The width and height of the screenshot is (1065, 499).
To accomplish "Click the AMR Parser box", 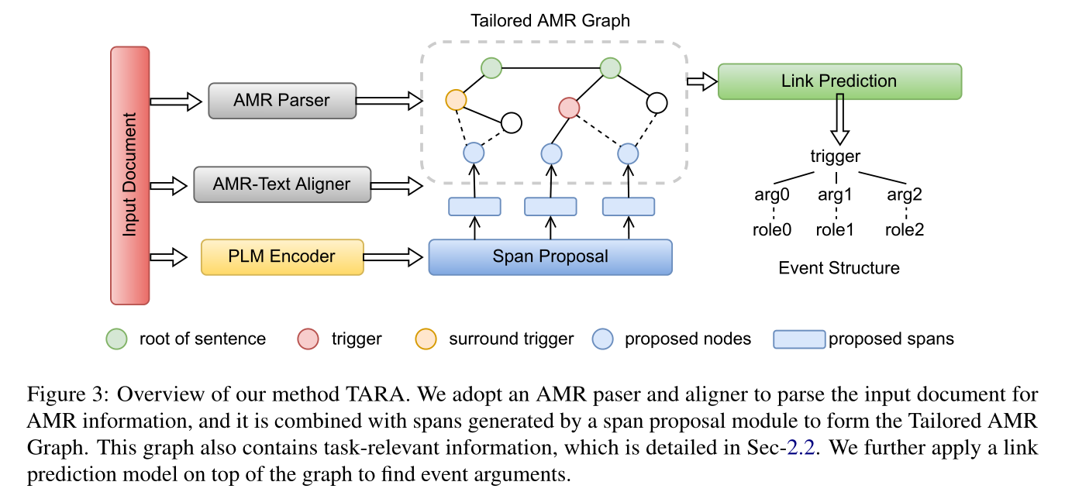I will pyautogui.click(x=281, y=101).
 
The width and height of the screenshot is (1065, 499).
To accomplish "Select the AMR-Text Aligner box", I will pyautogui.click(x=282, y=184).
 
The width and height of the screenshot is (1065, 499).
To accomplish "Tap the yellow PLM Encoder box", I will pyautogui.click(x=281, y=256).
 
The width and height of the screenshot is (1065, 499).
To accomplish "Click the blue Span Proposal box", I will pyautogui.click(x=550, y=256).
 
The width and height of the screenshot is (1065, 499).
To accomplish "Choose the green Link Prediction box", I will pyautogui.click(x=839, y=81).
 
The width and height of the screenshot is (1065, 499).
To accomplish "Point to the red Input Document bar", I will pyautogui.click(x=129, y=175).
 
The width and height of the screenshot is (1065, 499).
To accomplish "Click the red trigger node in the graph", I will pyautogui.click(x=569, y=108).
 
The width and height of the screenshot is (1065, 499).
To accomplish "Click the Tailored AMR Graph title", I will pyautogui.click(x=550, y=21).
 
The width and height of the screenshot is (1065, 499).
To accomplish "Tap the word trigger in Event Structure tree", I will pyautogui.click(x=835, y=157).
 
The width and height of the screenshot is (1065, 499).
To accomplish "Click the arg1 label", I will pyautogui.click(x=835, y=195).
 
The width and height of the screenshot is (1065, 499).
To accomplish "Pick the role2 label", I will pyautogui.click(x=905, y=230).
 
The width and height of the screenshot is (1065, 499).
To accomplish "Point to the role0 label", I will pyautogui.click(x=771, y=230).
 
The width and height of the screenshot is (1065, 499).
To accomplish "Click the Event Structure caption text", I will pyautogui.click(x=839, y=268).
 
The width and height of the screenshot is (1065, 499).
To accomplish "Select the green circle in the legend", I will pyautogui.click(x=116, y=339).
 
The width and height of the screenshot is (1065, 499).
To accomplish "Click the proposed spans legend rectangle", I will pyautogui.click(x=798, y=339).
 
